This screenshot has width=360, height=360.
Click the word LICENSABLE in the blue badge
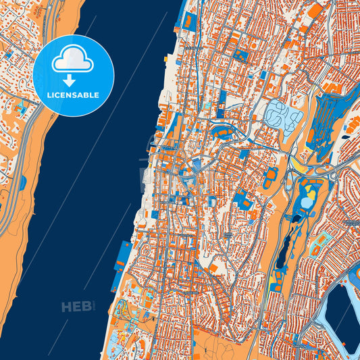pyautogui.click(x=73, y=95)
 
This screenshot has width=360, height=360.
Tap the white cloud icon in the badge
pyautogui.click(x=73, y=59)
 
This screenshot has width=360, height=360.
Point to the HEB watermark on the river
pyautogui.click(x=76, y=307)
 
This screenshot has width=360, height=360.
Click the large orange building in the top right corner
pyautogui.click(x=315, y=10)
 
